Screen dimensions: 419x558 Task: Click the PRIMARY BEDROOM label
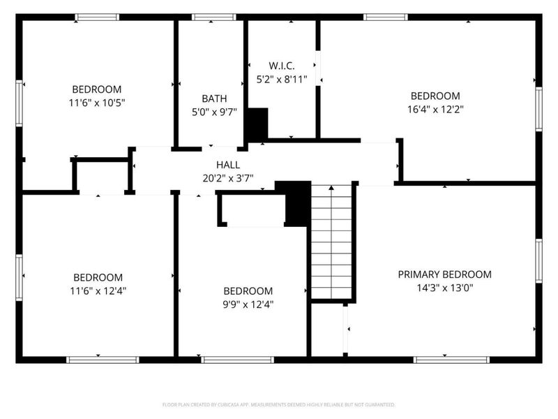[x=444, y=274]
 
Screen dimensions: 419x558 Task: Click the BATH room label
[x=214, y=98]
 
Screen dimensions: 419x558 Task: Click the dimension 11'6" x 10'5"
[x=97, y=102]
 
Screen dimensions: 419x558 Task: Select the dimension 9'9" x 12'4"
[x=248, y=304]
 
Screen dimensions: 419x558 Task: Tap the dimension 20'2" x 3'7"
[x=225, y=178]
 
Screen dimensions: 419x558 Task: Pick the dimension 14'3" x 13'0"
[x=444, y=287]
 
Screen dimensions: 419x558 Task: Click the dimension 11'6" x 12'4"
[x=98, y=291]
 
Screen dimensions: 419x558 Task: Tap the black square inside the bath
[x=257, y=124]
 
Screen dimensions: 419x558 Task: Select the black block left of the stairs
[x=296, y=203]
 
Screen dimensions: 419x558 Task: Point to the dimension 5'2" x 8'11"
[x=282, y=79]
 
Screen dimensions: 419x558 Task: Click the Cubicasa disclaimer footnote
[x=278, y=404]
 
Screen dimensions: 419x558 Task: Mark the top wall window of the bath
[x=214, y=17]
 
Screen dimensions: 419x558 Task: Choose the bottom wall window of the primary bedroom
[x=442, y=360]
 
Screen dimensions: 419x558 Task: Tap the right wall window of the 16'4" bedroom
[x=538, y=108]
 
